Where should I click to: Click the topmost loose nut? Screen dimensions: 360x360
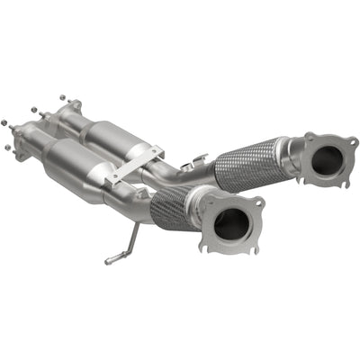tap(61, 97)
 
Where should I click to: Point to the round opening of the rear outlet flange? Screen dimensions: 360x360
tap(328, 162)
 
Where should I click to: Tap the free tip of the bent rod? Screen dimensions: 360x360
tap(108, 262)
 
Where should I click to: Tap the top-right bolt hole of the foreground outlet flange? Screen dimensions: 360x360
tap(258, 203)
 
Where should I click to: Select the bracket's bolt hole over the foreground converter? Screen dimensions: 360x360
tap(115, 182)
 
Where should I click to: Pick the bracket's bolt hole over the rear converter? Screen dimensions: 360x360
tap(154, 152)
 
